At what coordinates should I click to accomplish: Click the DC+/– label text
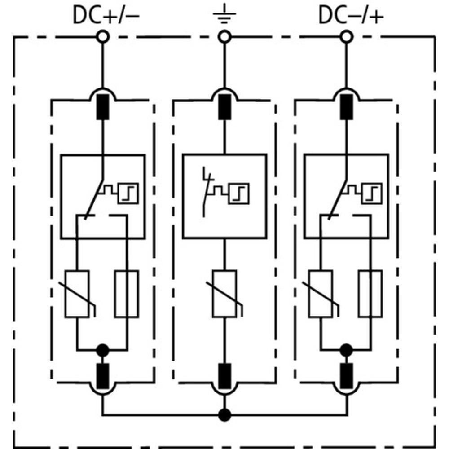pyautogui.click(x=106, y=16)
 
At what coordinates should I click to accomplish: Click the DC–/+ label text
pyautogui.click(x=351, y=16)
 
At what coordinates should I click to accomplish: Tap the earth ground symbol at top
pyautogui.click(x=224, y=17)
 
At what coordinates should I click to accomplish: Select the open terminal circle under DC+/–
pyautogui.click(x=103, y=37)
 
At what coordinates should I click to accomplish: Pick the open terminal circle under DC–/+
pyautogui.click(x=346, y=37)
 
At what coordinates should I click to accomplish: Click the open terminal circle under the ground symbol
pyautogui.click(x=224, y=37)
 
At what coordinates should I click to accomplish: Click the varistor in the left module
pyautogui.click(x=77, y=294)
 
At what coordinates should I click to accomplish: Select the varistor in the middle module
pyautogui.click(x=224, y=294)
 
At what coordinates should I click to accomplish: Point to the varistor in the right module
pyautogui.click(x=321, y=294)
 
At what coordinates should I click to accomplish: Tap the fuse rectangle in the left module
pyautogui.click(x=126, y=294)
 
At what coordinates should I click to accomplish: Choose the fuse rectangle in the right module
pyautogui.click(x=370, y=294)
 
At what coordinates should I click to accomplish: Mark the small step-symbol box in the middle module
pyautogui.click(x=239, y=194)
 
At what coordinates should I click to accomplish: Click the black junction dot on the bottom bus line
pyautogui.click(x=224, y=414)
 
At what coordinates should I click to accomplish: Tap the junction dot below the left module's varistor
pyautogui.click(x=103, y=350)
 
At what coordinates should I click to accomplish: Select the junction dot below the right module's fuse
pyautogui.click(x=346, y=350)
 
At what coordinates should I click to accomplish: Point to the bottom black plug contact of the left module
pyautogui.click(x=103, y=375)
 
